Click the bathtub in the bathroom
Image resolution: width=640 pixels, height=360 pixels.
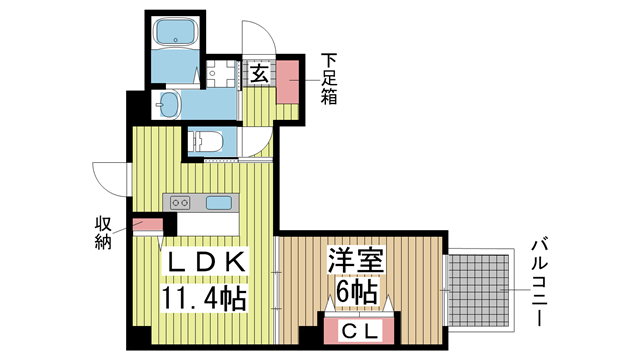coord(176,33)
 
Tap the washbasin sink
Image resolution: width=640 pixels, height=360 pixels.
coord(169,104)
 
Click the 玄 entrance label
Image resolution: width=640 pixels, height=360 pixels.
coord(259,74)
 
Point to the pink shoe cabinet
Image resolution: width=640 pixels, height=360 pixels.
coord(288,81)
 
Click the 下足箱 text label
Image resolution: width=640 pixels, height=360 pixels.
coord(329,79)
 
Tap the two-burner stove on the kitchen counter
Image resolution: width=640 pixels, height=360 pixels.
coord(180,202)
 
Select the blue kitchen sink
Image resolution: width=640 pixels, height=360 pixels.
coord(218,202)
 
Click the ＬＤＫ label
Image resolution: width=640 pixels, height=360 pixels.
coord(205,262)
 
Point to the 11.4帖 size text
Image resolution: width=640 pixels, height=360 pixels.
coord(204,298)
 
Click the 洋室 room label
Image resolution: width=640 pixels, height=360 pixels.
coord(356,260)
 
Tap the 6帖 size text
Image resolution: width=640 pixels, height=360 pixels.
coord(356,291)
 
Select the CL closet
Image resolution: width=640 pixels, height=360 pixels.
coord(359,330)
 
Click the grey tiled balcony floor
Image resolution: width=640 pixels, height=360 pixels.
coord(478,290)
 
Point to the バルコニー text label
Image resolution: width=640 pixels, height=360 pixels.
coord(539,283)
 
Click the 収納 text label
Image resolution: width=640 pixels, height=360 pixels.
coord(103,233)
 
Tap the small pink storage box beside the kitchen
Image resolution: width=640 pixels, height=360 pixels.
coord(148,224)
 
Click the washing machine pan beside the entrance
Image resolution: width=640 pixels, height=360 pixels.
coord(221,74)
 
